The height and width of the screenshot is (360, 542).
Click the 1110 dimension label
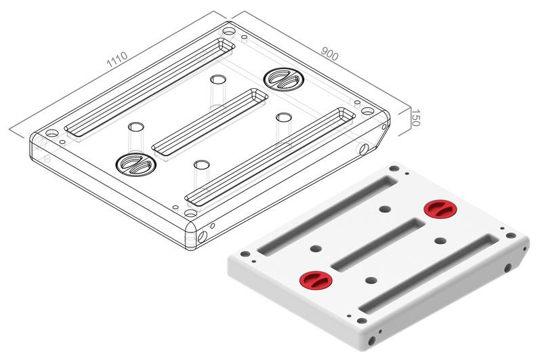[117, 60]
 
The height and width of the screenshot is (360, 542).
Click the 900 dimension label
[330, 54]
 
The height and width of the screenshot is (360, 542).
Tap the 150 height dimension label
[415, 118]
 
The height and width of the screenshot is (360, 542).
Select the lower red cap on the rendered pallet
[316, 279]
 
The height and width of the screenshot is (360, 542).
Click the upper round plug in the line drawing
[284, 79]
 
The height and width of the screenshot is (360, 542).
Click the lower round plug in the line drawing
[136, 164]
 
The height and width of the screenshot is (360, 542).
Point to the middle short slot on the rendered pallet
[378, 245]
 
